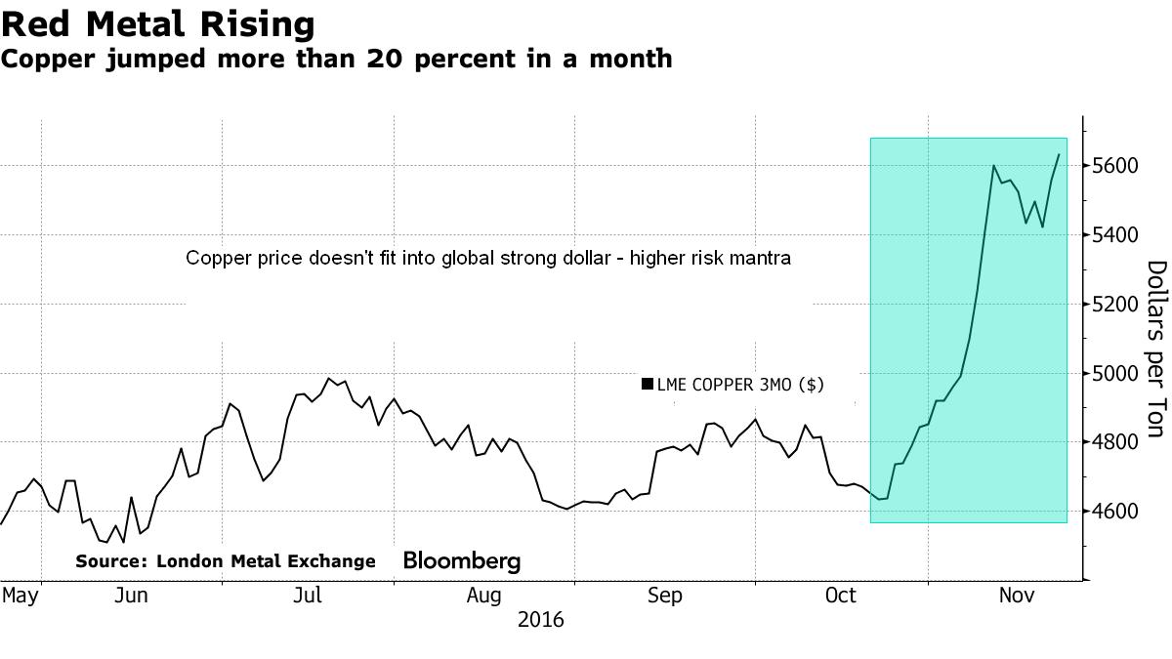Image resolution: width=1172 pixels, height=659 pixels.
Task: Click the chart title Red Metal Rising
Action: pos(157,24)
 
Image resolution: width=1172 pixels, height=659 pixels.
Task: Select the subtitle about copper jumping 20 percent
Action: pos(336,59)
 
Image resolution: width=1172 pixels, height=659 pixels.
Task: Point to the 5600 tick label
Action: pos(1115,166)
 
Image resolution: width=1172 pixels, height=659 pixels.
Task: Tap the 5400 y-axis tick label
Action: pos(1115,235)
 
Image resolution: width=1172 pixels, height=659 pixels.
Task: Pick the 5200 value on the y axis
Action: pos(1115,305)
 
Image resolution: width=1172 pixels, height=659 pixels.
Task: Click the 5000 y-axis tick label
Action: pos(1115,374)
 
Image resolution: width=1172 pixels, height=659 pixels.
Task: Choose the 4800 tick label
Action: pos(1115,443)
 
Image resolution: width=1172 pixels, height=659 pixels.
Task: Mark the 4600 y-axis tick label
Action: pos(1115,512)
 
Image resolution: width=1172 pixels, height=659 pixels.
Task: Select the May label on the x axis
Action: pos(20,595)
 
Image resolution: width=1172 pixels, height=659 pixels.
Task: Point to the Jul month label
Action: pos(309,595)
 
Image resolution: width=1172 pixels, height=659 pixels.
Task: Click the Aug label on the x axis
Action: pos(484,595)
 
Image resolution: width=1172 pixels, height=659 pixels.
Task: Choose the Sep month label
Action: pos(664,595)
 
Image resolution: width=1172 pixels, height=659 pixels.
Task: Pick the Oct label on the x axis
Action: pos(840,595)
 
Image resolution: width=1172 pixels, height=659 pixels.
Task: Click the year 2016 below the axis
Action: pos(540,620)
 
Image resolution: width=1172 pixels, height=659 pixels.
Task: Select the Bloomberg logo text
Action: pos(462,561)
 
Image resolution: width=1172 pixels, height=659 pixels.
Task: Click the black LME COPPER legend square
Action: pos(647,385)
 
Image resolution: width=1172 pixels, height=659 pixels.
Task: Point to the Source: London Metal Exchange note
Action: pos(226,561)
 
